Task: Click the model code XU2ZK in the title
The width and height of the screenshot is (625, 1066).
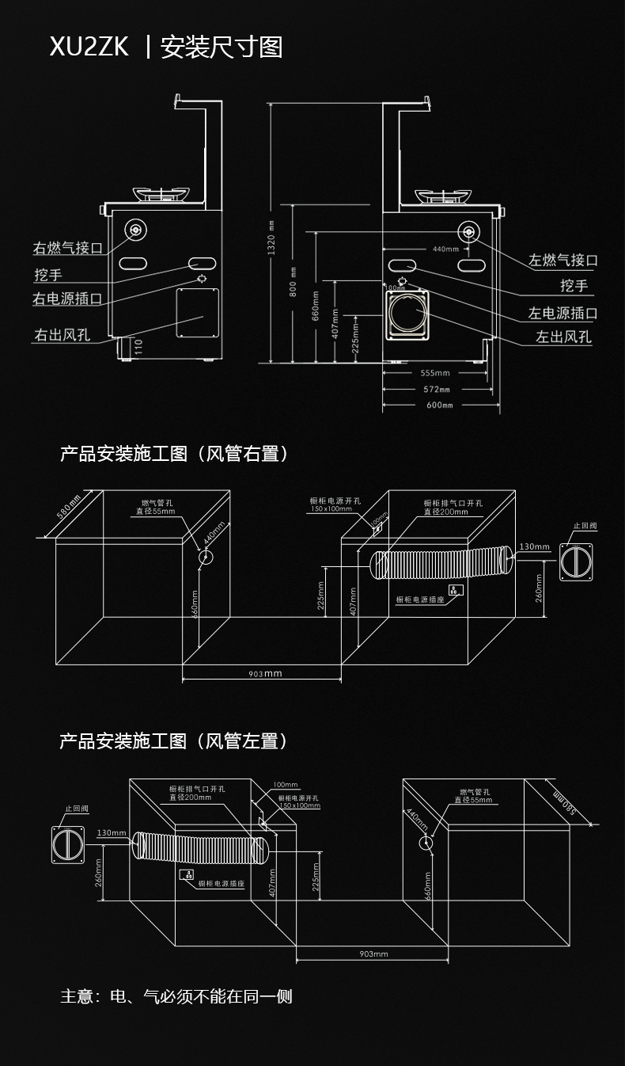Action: [89, 48]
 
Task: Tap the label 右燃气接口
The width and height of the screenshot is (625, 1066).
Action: [67, 248]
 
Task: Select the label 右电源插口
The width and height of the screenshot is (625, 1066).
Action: [67, 299]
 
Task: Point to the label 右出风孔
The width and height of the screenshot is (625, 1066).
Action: [61, 335]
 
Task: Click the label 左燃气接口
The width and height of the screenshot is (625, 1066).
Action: [562, 260]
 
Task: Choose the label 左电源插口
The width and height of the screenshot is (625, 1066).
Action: [562, 314]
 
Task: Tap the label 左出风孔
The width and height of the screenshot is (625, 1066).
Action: [563, 337]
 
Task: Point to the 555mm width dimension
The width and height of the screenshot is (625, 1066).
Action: [434, 373]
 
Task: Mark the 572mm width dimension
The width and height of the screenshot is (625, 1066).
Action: [437, 389]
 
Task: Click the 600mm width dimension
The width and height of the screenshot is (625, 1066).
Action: [439, 405]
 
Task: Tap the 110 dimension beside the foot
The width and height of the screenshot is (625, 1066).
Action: [138, 347]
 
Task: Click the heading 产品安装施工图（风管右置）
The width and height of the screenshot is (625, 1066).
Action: [174, 454]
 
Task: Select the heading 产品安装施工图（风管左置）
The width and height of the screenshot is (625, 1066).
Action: [174, 741]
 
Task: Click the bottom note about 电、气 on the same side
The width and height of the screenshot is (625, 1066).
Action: [176, 996]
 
